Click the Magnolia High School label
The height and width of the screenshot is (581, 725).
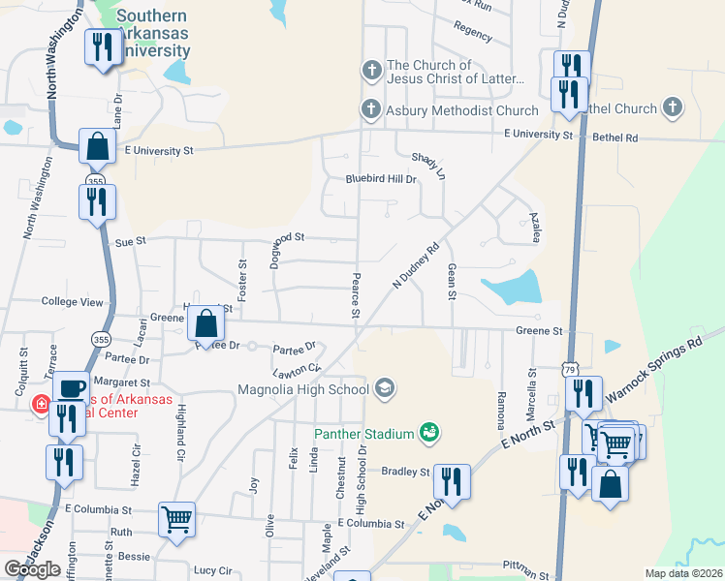pos(303,390)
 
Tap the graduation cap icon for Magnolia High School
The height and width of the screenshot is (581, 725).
pos(385,389)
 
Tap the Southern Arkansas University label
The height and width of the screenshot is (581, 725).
pos(153,33)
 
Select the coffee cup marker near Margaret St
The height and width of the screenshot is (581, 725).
pos(70,387)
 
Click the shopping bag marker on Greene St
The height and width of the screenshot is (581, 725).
pos(205,323)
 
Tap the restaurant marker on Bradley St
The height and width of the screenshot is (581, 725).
pos(452,479)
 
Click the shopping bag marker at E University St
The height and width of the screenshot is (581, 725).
pos(97,146)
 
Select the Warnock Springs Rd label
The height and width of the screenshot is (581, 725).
pos(653,371)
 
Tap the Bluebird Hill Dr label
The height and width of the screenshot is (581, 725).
pos(381,179)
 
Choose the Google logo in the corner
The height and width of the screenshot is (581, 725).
pos(32,569)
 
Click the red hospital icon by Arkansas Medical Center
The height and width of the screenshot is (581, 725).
pos(42,404)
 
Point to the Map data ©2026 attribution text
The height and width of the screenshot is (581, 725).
pos(683,573)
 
